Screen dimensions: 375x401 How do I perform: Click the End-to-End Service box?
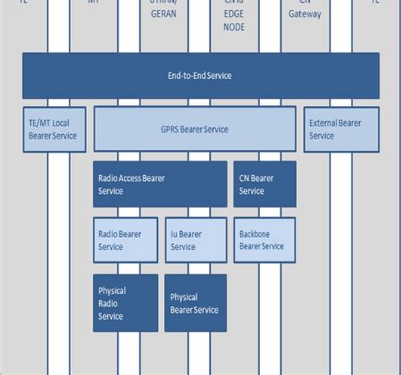[x=200, y=75]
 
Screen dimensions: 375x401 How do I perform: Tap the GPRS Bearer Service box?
[x=194, y=129]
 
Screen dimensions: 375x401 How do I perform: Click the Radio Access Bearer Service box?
[x=160, y=184]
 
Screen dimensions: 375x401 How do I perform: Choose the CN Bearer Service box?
[x=264, y=184]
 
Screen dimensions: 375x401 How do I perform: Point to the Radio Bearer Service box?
[x=125, y=239]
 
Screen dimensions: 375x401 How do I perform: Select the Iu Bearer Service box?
[x=196, y=239]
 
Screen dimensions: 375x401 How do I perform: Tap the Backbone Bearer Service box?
[x=264, y=239]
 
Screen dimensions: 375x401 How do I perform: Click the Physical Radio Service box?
[x=125, y=303]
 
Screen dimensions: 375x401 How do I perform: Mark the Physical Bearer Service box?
[x=196, y=303]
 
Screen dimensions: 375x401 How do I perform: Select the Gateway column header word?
[x=306, y=14]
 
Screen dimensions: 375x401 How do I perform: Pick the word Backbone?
[x=257, y=234]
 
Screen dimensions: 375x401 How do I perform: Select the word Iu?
[x=174, y=234]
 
